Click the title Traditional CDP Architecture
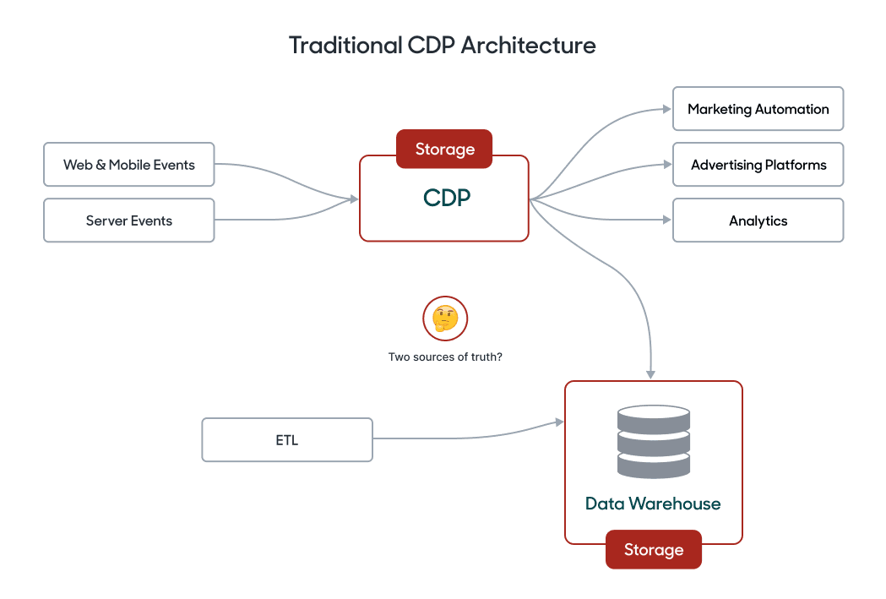[x=443, y=45]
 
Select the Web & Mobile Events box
[x=129, y=165]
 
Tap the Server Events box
[x=129, y=221]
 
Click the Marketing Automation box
[x=758, y=109]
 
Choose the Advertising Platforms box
[x=758, y=165]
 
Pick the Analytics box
[x=758, y=221]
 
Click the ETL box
[x=287, y=440]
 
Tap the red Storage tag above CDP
[x=444, y=150]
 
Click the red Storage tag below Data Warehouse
[x=653, y=550]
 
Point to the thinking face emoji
[x=445, y=319]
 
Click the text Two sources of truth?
[x=445, y=357]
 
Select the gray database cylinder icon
[x=653, y=442]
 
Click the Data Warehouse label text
[x=653, y=504]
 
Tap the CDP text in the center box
[x=447, y=198]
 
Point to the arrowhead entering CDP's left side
[x=354, y=199]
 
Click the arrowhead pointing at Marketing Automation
[x=666, y=109]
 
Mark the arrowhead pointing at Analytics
[x=666, y=221]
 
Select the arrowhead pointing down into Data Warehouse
[x=650, y=373]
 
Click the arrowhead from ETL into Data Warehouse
[x=558, y=422]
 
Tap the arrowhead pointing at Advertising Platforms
[x=666, y=165]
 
